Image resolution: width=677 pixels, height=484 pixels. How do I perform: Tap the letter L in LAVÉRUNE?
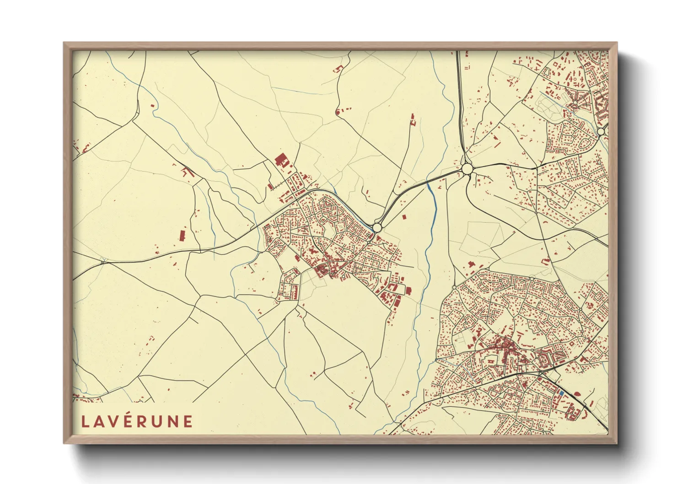click(x=85, y=421)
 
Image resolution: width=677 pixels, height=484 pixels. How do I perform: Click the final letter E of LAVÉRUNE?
click(x=188, y=421)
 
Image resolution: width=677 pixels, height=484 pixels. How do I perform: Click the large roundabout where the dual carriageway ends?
click(x=467, y=169)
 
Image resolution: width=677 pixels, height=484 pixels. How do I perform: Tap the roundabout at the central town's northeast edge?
click(x=377, y=227)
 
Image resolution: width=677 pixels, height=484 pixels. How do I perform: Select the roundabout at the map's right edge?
click(x=601, y=131)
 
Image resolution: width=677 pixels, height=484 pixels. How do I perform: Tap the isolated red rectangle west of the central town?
click(x=182, y=236)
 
